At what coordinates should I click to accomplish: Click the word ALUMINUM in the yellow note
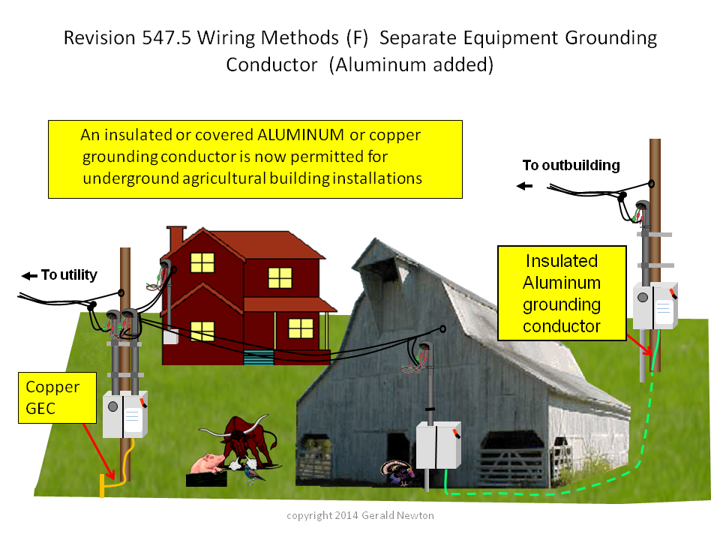tap(300, 135)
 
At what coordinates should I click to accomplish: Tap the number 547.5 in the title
tap(166, 37)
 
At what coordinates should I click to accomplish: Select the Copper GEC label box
tap(58, 397)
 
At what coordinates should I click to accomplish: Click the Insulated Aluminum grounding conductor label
tap(562, 293)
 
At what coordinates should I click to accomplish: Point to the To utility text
tap(69, 274)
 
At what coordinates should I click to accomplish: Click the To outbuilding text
tap(571, 165)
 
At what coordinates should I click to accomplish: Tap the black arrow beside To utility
tap(29, 275)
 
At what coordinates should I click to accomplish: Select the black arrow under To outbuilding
tap(524, 186)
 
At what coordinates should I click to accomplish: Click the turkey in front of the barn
tap(397, 472)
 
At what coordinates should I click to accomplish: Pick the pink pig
tap(207, 463)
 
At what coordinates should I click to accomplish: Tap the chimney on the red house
tap(175, 238)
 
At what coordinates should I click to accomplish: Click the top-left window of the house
tap(202, 263)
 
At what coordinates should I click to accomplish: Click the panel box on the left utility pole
tap(125, 414)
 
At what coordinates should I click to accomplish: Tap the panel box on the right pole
tap(655, 306)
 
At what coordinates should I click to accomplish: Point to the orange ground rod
tap(102, 486)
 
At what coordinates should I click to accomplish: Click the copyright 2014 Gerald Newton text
tap(361, 516)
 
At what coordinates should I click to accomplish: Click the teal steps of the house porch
tap(259, 357)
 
